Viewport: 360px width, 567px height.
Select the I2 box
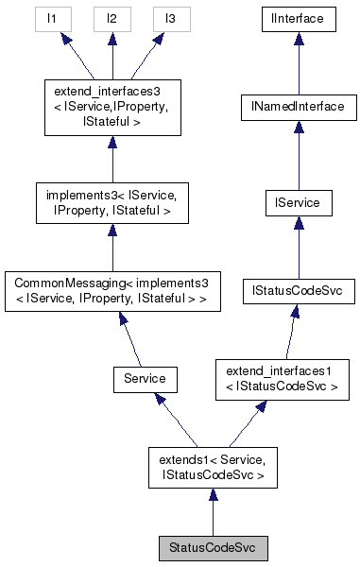point(111,17)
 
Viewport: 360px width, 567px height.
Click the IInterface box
point(298,17)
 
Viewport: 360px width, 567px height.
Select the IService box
point(298,201)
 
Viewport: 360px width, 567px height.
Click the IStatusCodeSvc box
point(298,292)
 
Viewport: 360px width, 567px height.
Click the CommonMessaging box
point(111,292)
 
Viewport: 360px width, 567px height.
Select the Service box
point(139,378)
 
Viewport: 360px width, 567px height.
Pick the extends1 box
point(212,470)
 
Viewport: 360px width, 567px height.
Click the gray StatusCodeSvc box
point(212,548)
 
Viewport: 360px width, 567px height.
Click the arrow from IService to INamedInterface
point(298,155)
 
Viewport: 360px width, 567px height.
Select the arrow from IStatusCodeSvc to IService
point(298,247)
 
